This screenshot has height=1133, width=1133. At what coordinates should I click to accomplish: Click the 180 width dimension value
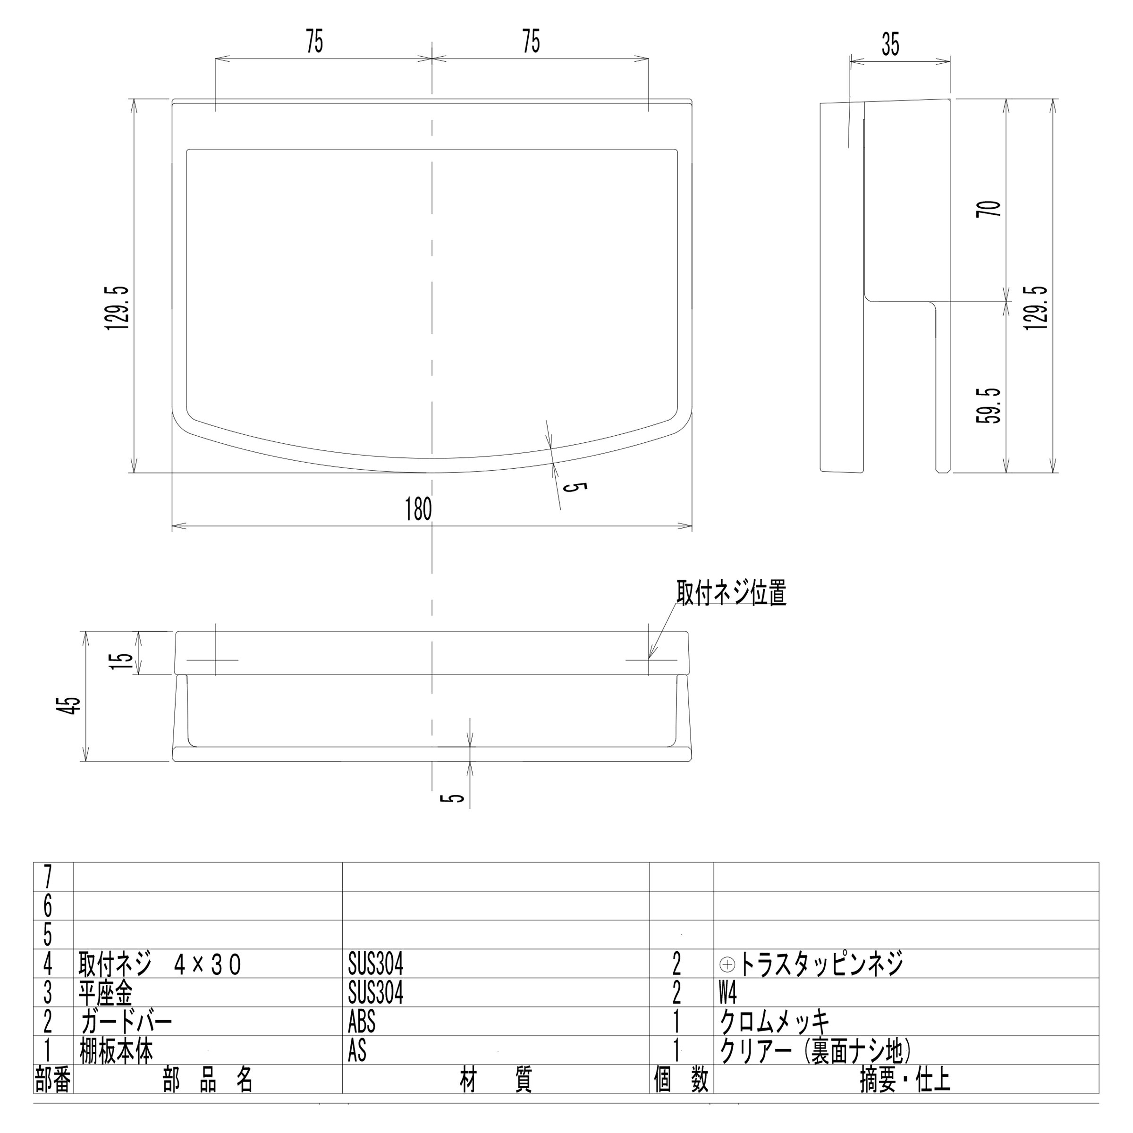click(418, 509)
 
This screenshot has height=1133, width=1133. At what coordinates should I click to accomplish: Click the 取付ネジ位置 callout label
click(731, 593)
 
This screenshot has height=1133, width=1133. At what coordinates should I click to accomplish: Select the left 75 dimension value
click(314, 42)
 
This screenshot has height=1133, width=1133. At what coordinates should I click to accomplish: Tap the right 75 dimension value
click(531, 42)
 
